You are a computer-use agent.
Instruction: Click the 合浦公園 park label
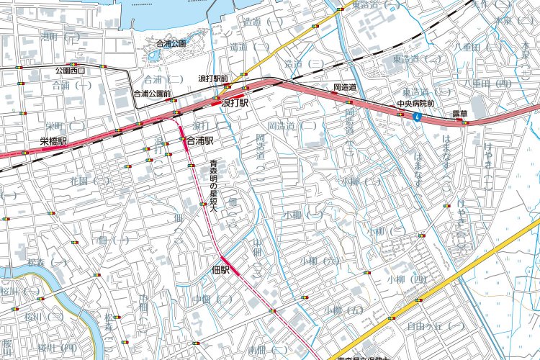coord(171,44)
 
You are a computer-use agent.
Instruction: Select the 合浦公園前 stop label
coord(152,94)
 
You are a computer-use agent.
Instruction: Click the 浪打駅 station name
coord(235,104)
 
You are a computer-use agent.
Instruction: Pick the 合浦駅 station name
coord(200,141)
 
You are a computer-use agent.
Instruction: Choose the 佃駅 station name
coord(221,270)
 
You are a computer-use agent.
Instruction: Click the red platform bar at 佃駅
coord(225,261)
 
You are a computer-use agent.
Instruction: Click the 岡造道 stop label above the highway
coord(346,87)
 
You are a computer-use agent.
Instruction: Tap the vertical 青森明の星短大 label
coord(213,186)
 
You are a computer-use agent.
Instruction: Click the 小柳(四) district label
coord(406,279)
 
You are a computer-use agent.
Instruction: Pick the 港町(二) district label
coord(60,36)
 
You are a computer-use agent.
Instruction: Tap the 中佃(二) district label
coord(212,298)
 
